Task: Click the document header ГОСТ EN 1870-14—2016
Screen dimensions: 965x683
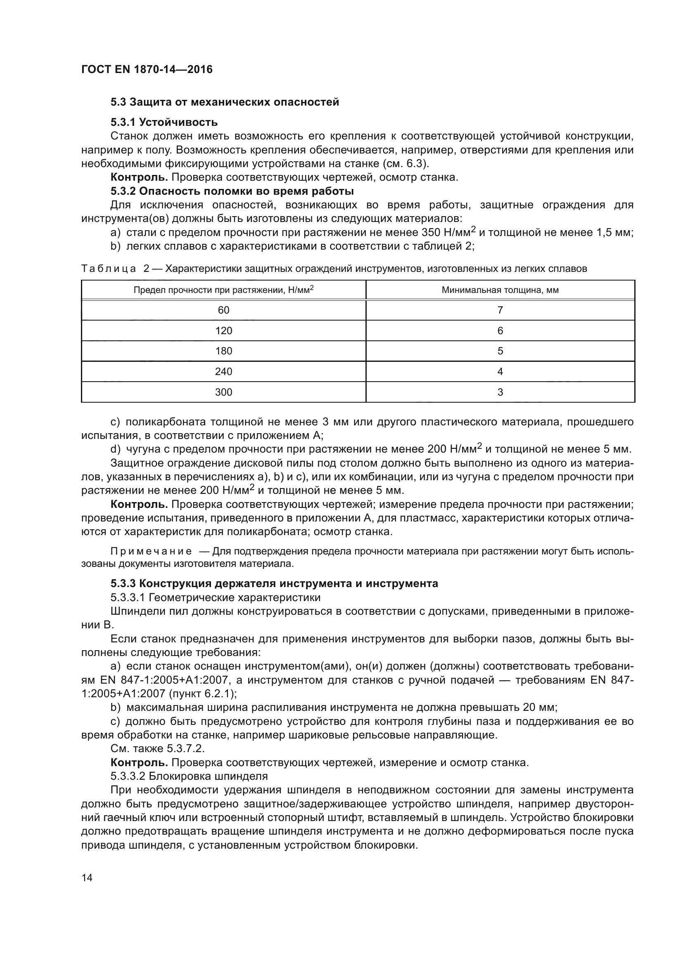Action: click(147, 69)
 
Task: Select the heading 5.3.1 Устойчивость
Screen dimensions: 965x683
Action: click(164, 122)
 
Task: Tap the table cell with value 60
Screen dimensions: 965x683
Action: click(223, 310)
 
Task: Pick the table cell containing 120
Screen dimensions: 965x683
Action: click(223, 331)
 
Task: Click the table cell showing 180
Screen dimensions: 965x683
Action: click(223, 351)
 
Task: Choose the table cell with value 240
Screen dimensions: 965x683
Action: click(223, 372)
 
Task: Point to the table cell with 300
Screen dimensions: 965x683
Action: click(223, 392)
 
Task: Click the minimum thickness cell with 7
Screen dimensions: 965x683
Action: click(500, 310)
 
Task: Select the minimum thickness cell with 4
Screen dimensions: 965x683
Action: click(500, 372)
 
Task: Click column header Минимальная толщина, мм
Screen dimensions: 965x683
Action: click(500, 290)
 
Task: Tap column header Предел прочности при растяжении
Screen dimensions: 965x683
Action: click(223, 290)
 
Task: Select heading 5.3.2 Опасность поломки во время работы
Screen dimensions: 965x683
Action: click(232, 191)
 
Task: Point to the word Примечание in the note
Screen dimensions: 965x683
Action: click(151, 552)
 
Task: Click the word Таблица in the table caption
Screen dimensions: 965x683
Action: click(109, 269)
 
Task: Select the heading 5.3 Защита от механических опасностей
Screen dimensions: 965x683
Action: click(225, 102)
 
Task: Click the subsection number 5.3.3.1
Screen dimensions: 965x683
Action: click(128, 598)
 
